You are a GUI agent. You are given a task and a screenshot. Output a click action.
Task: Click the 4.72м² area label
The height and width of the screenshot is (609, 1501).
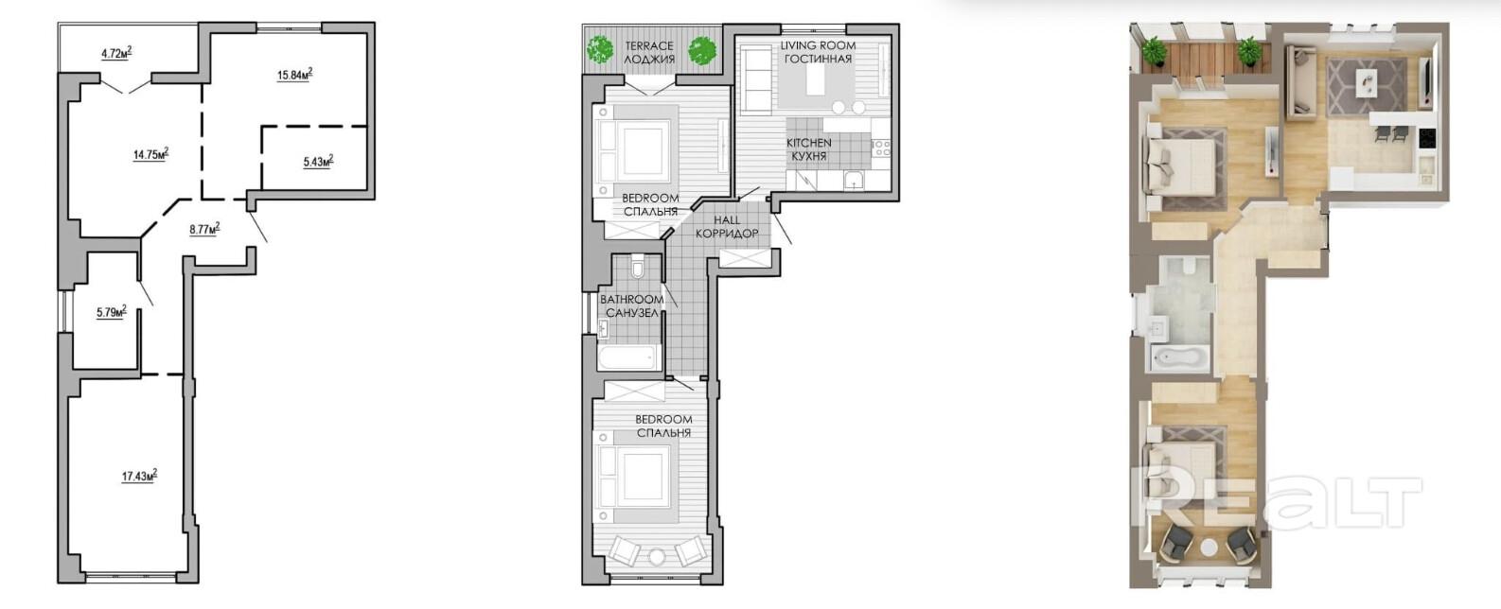(116, 53)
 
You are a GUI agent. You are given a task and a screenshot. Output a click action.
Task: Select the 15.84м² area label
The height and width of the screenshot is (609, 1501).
(295, 74)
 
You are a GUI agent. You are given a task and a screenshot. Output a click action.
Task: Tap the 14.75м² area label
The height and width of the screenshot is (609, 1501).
(150, 154)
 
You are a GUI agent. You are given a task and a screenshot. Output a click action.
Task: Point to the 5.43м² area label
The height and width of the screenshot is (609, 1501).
(318, 161)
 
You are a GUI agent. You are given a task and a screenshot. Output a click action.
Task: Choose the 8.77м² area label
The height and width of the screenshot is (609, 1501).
(205, 229)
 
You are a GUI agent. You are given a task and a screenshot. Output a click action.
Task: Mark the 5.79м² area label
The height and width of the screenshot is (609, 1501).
(112, 311)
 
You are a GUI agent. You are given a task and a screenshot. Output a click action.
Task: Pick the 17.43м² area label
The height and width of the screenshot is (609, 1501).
(139, 476)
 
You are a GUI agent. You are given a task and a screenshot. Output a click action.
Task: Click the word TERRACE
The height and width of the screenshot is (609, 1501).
(648, 46)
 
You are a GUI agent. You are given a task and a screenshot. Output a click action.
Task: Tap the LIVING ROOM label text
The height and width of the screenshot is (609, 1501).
(818, 45)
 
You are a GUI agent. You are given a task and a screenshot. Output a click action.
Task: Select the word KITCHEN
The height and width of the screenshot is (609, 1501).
(809, 143)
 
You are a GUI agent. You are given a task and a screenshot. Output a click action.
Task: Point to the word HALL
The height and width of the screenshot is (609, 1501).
(727, 219)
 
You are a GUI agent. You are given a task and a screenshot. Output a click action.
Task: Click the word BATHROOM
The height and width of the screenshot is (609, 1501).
(632, 299)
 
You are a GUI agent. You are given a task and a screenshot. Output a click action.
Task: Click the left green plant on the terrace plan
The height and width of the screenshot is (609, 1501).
(600, 49)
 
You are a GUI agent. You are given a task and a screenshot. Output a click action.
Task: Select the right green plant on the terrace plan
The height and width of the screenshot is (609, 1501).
(702, 50)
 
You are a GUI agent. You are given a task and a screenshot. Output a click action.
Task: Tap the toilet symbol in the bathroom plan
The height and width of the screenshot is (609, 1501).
(637, 267)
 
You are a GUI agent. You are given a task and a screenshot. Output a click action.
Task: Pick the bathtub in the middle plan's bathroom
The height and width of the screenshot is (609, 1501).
(628, 357)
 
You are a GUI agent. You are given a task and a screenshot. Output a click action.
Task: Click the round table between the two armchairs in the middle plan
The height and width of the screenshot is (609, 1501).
(658, 555)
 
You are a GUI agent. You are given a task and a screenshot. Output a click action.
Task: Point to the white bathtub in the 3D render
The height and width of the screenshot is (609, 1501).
(1180, 358)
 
